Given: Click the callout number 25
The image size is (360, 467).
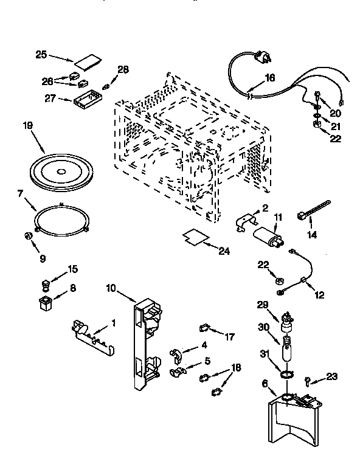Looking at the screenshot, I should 41,55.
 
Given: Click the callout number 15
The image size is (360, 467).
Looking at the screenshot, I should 72,269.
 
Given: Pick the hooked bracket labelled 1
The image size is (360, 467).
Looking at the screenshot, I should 92,336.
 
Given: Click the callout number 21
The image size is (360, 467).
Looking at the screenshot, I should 336,126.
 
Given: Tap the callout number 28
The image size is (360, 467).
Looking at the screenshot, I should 123,70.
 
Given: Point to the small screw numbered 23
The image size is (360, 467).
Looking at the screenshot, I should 308,381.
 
